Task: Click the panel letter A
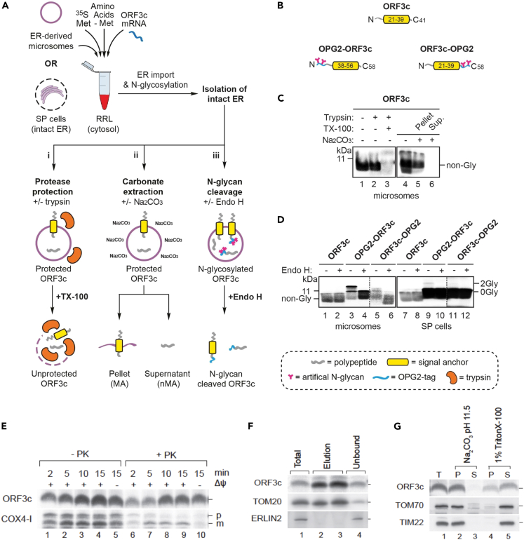(6, 6)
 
